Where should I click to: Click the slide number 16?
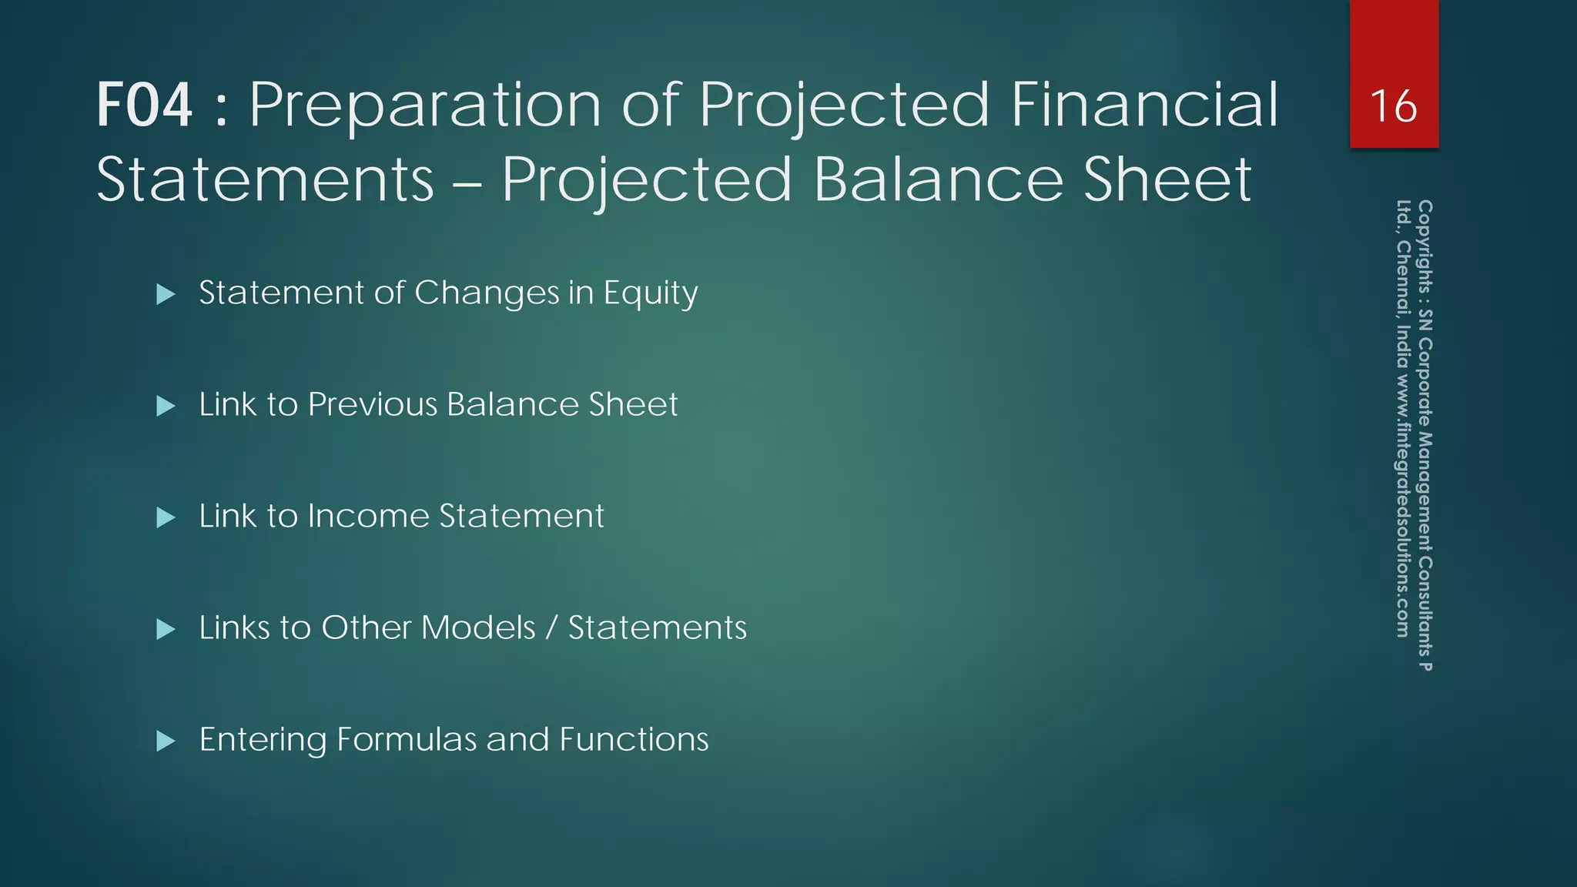pos(1393,106)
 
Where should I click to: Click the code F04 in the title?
pos(144,105)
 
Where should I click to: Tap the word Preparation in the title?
pos(424,105)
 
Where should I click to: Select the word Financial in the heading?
pos(1144,105)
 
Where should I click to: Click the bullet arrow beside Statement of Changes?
pos(166,294)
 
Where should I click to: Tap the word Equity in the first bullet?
pos(651,293)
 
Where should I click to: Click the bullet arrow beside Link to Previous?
pos(166,406)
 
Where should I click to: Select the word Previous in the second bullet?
pos(373,405)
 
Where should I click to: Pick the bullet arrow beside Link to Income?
pos(166,517)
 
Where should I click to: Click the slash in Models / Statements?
pos(551,628)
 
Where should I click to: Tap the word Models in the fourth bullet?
pos(478,628)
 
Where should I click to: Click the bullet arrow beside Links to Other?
pos(166,630)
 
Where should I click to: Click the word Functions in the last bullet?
pos(634,739)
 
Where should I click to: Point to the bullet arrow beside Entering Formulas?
pos(166,741)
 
